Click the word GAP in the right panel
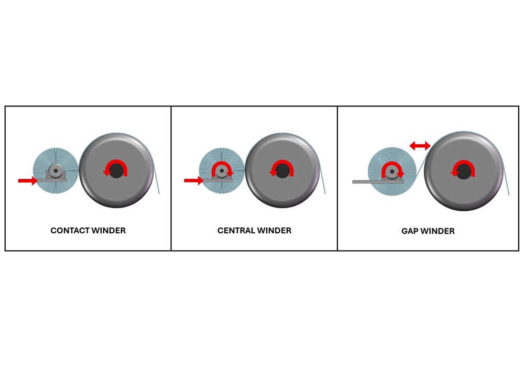point(409,231)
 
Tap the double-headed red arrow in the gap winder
point(420,145)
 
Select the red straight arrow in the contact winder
point(28,181)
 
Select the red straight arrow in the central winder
point(194,180)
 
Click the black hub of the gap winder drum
point(463,172)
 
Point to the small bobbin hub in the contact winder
point(55,171)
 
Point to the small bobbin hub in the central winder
point(221,171)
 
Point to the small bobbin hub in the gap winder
point(391,172)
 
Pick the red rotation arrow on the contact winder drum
point(116,161)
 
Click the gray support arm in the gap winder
point(378,182)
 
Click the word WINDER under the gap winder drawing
point(436,231)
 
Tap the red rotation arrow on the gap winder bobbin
point(392,164)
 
